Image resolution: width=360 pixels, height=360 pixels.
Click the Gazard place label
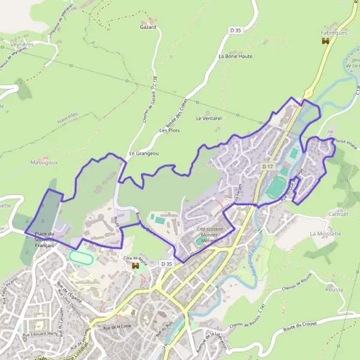[x=148, y=27]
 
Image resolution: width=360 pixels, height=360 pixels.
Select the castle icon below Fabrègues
[x=326, y=41]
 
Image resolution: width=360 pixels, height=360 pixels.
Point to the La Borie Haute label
[x=235, y=56]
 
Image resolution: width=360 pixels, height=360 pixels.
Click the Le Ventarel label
[x=209, y=119]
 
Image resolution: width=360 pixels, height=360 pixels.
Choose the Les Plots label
[x=169, y=130]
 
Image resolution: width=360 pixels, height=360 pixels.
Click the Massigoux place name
[x=43, y=163]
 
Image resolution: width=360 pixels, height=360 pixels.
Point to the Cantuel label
[x=335, y=214]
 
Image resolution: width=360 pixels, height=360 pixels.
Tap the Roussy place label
[x=334, y=290]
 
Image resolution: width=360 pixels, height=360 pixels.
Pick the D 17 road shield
[x=268, y=166]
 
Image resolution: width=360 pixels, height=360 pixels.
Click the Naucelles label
[x=68, y=114]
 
